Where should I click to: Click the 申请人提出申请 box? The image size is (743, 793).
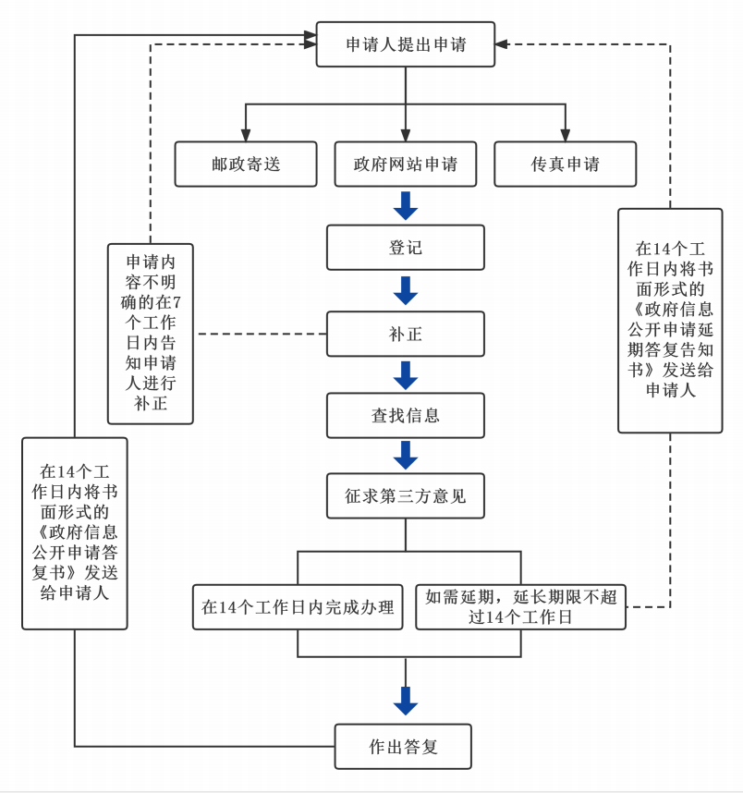(406, 44)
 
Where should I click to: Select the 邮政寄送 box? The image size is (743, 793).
(246, 164)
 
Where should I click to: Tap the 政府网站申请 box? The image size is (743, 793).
(406, 164)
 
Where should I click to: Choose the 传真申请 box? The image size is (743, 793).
(566, 164)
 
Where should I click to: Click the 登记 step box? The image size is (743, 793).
(406, 248)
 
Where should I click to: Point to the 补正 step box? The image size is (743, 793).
(406, 334)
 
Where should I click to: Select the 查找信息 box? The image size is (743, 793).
(406, 415)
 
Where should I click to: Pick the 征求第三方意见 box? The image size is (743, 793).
(406, 496)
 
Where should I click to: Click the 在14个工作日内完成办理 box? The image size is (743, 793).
(298, 607)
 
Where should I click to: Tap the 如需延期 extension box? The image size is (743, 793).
(520, 607)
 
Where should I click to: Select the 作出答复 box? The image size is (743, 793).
(403, 746)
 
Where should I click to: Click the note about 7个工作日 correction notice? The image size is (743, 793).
(151, 333)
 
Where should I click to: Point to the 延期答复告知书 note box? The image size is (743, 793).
(670, 320)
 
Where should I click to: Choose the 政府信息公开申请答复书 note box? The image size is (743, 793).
(75, 533)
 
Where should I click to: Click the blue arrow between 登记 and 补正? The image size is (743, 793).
(406, 290)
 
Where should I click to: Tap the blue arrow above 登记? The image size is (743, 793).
(406, 206)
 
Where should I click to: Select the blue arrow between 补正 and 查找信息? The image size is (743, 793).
(406, 374)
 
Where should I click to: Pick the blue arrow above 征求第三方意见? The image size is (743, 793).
(406, 456)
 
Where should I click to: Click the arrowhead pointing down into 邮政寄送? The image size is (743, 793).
(246, 135)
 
